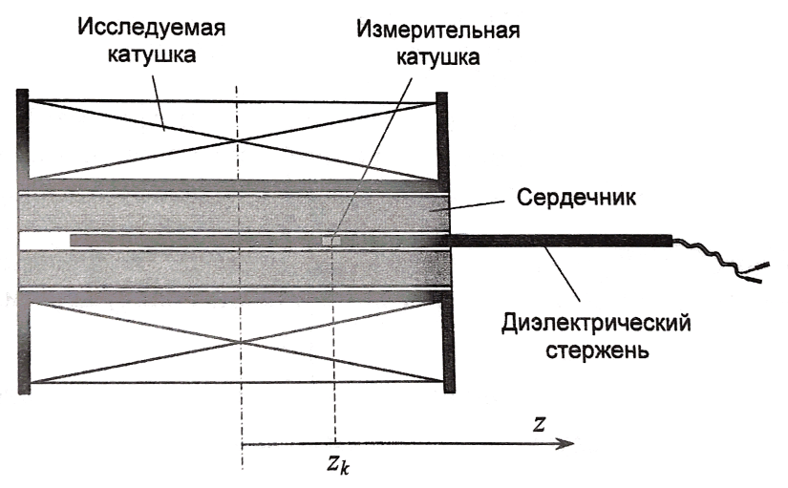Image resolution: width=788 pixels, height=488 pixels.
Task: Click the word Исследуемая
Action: click(151, 28)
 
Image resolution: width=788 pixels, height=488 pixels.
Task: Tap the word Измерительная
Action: click(437, 31)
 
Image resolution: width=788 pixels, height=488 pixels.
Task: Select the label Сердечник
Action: click(576, 198)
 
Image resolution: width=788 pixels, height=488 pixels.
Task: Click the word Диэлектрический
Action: click(595, 323)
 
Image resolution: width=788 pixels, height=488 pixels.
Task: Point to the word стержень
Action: click(597, 350)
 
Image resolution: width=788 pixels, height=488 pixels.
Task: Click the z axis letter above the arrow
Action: click(539, 425)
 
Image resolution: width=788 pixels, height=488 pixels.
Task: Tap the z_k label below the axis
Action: click(338, 464)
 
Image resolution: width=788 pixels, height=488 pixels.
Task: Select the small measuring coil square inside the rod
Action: click(331, 241)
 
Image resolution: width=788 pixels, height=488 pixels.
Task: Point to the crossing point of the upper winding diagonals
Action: click(239, 140)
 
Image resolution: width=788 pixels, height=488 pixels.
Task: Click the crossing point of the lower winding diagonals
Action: click(240, 342)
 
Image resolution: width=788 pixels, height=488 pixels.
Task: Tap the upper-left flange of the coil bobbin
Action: click(22, 135)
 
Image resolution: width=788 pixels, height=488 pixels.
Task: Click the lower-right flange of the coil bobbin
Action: click(448, 342)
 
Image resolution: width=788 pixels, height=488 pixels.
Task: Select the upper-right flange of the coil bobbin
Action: click(442, 136)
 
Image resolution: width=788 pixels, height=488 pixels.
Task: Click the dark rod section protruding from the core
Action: click(562, 241)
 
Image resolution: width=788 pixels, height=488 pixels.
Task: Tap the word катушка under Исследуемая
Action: click(152, 53)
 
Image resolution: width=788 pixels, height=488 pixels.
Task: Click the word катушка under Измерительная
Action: click(437, 56)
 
